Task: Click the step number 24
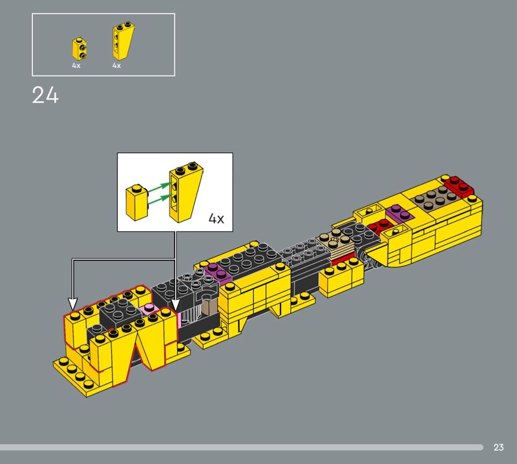[x=45, y=95]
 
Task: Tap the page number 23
[x=498, y=447]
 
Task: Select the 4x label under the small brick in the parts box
[x=76, y=65]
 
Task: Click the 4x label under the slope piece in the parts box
[x=116, y=65]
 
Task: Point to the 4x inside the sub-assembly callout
[x=216, y=218]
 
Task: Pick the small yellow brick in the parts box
[x=80, y=48]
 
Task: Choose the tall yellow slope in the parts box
[x=123, y=41]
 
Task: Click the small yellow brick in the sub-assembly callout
[x=136, y=203]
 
